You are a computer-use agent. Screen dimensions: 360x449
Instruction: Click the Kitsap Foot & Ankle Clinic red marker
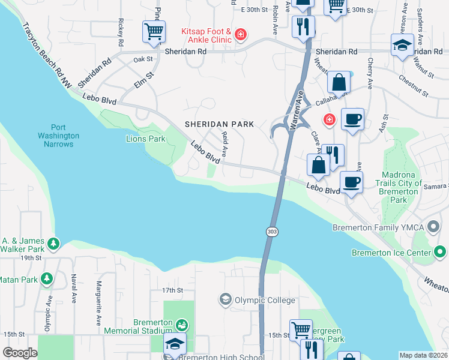241,35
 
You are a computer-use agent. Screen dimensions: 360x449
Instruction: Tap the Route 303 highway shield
271,231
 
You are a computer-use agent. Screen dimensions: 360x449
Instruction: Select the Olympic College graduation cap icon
225,299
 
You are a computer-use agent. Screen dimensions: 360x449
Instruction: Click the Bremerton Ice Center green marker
439,253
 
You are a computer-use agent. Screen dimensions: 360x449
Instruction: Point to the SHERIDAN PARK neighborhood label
219,124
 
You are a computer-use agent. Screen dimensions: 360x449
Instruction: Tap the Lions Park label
145,139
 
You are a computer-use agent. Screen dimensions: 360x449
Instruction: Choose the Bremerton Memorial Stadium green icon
181,325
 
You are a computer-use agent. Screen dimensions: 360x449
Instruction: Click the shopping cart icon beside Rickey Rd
154,32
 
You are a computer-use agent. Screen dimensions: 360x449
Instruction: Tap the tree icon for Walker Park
54,244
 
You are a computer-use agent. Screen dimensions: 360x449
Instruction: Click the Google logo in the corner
20,353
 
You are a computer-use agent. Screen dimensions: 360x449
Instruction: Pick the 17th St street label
172,290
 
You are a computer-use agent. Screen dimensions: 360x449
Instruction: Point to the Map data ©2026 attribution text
423,355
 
